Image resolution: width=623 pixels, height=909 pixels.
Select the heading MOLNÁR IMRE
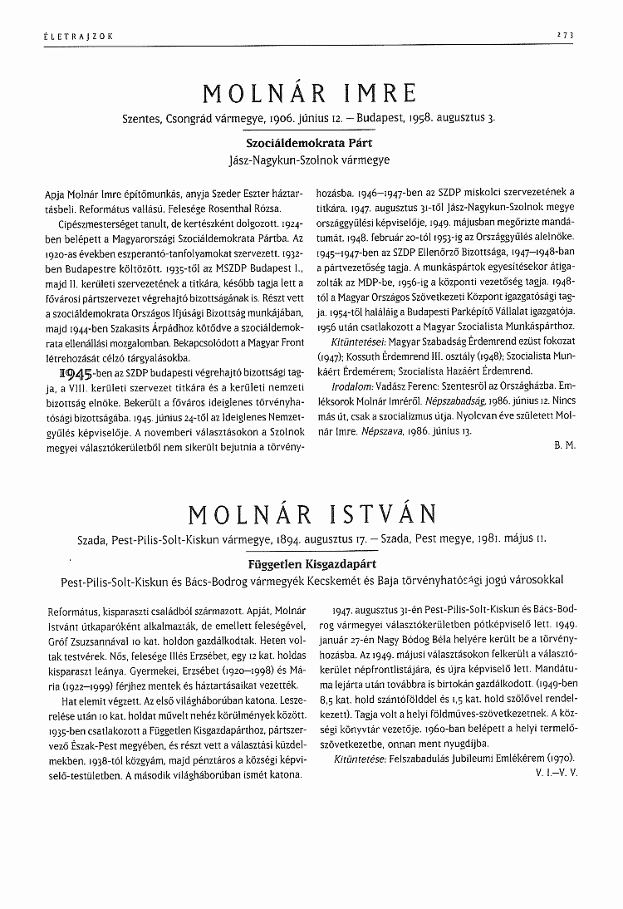(x=309, y=92)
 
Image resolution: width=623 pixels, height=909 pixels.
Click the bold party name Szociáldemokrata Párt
(x=309, y=142)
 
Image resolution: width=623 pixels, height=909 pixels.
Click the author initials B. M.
(x=564, y=445)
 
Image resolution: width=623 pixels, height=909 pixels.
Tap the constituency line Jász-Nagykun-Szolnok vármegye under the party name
(x=309, y=158)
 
